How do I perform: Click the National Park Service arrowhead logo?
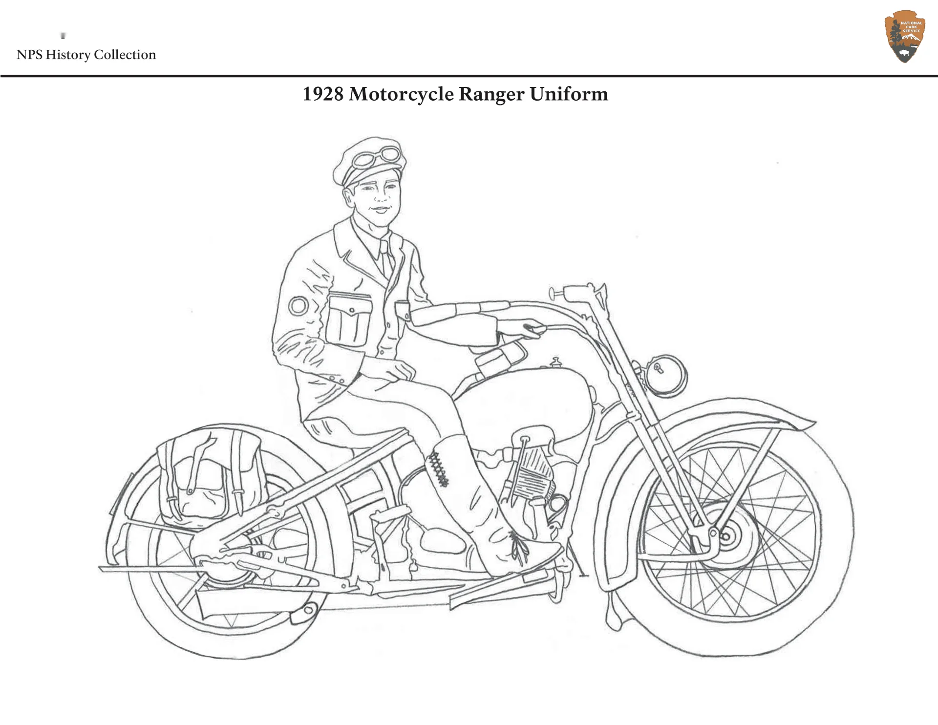pos(905,37)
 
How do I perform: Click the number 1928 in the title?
pos(323,94)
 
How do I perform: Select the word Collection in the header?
pos(125,55)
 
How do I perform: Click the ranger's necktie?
pos(386,259)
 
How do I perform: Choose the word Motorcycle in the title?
pos(401,94)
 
